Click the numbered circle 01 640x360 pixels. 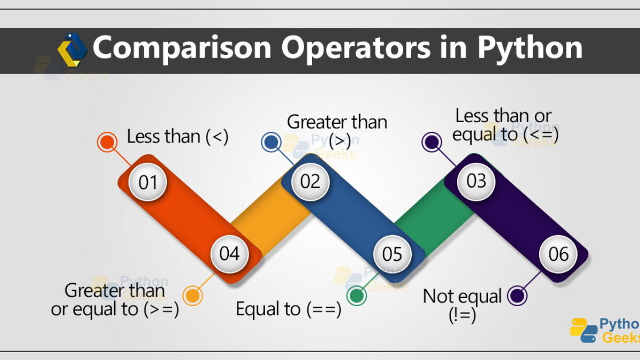coord(148,182)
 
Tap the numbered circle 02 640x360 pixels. coord(310,181)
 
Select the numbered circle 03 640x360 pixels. coord(476,181)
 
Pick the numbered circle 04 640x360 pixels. coord(230,254)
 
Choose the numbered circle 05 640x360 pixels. coord(393,254)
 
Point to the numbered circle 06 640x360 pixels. coord(558,254)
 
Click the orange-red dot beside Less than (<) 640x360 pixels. coord(107,142)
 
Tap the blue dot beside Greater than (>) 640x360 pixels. coord(271,142)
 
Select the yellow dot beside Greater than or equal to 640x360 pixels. coord(193,295)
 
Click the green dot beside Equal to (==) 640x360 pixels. coord(357,295)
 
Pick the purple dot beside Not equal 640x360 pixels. coord(517,295)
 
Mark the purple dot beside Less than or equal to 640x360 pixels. coord(431,142)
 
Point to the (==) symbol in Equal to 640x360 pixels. coord(324,309)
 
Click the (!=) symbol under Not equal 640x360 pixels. coord(462,315)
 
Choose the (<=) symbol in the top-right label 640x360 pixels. coord(541,134)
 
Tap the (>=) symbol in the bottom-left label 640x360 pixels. coord(162,309)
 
